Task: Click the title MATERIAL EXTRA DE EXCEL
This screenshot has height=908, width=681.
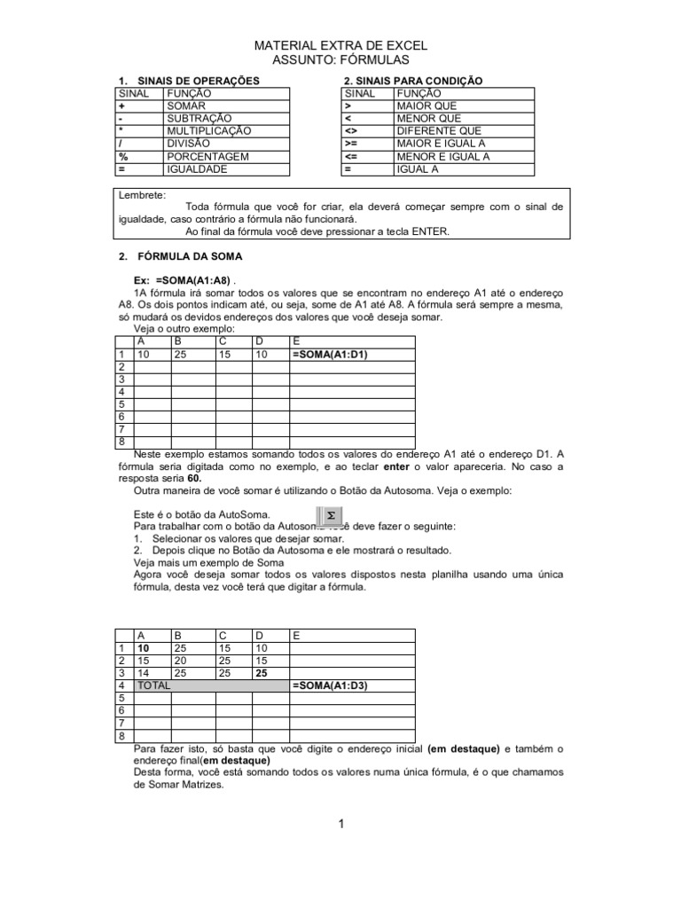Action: point(340,45)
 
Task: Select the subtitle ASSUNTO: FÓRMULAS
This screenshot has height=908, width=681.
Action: point(340,59)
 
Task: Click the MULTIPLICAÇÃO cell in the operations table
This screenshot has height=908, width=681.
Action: point(208,130)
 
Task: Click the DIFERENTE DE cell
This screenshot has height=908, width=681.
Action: point(434,130)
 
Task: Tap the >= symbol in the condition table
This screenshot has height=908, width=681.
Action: point(353,144)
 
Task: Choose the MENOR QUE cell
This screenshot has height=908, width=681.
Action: point(428,118)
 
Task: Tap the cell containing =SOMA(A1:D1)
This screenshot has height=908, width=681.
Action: point(330,355)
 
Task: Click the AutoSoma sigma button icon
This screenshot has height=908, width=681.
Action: point(330,515)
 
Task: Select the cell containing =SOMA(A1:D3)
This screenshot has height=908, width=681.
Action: point(330,686)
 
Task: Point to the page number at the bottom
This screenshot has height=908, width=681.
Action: point(340,825)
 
